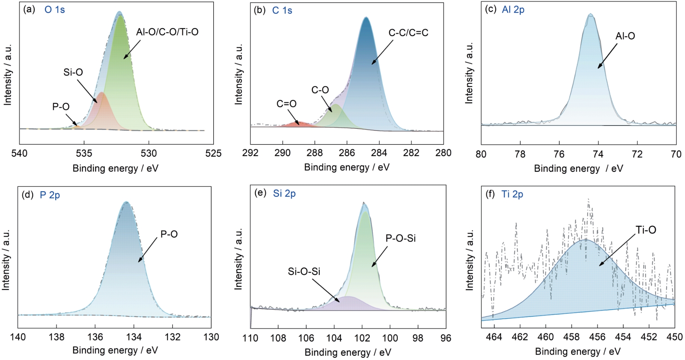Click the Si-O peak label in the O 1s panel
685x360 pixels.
[73, 72]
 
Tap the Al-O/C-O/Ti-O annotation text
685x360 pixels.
[167, 32]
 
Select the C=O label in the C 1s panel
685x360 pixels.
[286, 103]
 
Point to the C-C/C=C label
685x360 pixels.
[408, 33]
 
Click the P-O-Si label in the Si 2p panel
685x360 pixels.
[400, 238]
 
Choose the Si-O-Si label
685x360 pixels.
[304, 271]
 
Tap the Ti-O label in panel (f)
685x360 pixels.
[645, 230]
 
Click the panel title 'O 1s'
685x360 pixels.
[55, 10]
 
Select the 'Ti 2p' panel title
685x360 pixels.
[512, 194]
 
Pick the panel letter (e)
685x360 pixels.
[260, 193]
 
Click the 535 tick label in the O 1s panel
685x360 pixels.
[84, 153]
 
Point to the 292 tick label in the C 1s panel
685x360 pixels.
[250, 153]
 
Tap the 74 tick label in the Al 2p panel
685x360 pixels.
[598, 154]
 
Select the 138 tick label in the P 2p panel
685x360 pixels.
[56, 337]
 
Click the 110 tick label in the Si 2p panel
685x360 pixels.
[250, 338]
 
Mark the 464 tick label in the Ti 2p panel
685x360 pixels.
[494, 337]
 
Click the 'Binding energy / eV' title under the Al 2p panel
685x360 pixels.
[578, 168]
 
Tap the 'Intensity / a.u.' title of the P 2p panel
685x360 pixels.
[6, 260]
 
